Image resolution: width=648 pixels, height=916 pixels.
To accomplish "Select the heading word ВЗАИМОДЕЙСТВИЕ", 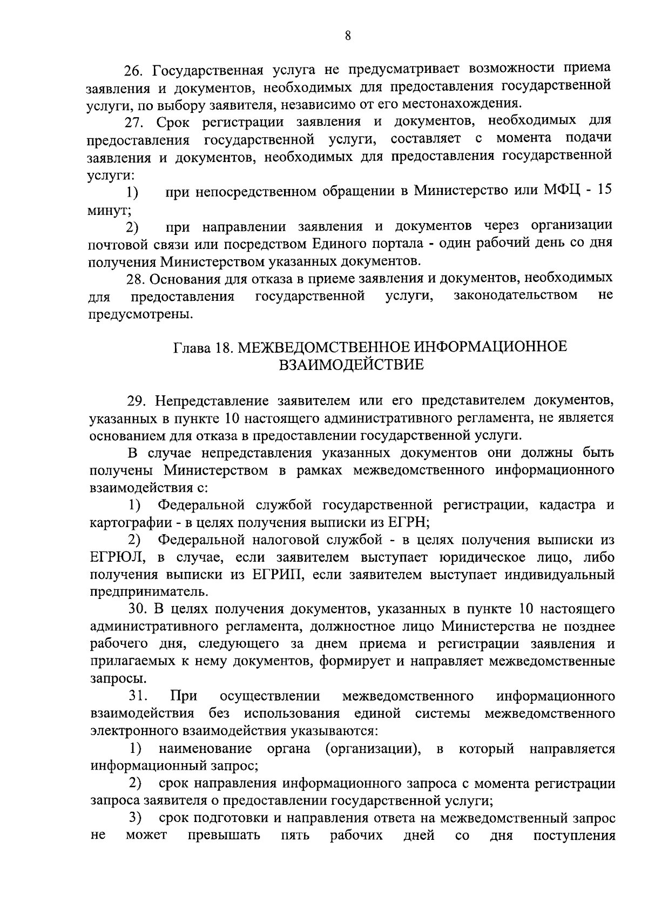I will pyautogui.click(x=351, y=366).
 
